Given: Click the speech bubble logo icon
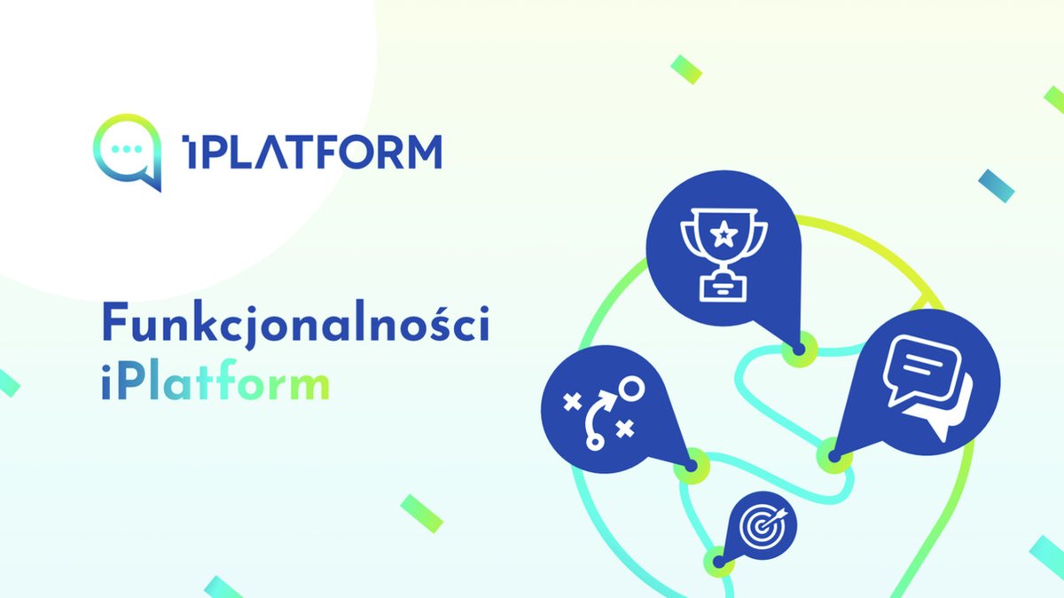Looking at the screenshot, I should [128, 152].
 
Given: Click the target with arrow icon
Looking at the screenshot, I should [762, 526].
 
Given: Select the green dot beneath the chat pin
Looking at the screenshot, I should [833, 457].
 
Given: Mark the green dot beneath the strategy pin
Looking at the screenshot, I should [691, 465].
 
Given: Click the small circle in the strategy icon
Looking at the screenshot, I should [631, 387].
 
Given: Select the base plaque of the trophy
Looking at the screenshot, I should [724, 286].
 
